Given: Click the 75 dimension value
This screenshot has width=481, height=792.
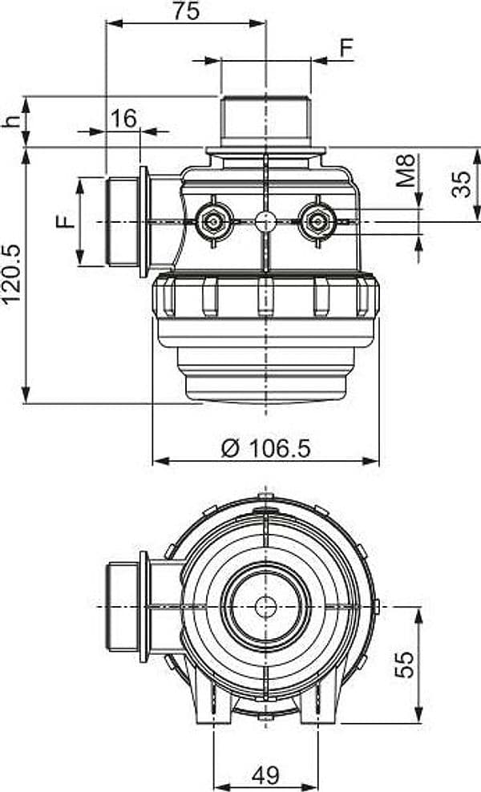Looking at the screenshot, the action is (x=187, y=11).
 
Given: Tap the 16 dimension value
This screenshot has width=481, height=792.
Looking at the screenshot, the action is (x=123, y=119).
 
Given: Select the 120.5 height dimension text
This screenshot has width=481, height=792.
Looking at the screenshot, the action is (x=11, y=274).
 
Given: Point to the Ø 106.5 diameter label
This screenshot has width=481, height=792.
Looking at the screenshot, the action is (x=266, y=448).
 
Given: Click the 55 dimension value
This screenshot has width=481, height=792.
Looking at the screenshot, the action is (x=405, y=665).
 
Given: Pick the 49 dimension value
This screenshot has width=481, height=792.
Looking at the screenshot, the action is (x=265, y=775).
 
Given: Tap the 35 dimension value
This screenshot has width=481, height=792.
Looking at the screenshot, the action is (x=461, y=184).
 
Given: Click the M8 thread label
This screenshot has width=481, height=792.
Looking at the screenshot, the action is (x=406, y=171).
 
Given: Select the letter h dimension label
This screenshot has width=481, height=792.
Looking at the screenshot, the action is (x=11, y=121).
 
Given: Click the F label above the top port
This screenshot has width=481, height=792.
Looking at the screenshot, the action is (x=346, y=48).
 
